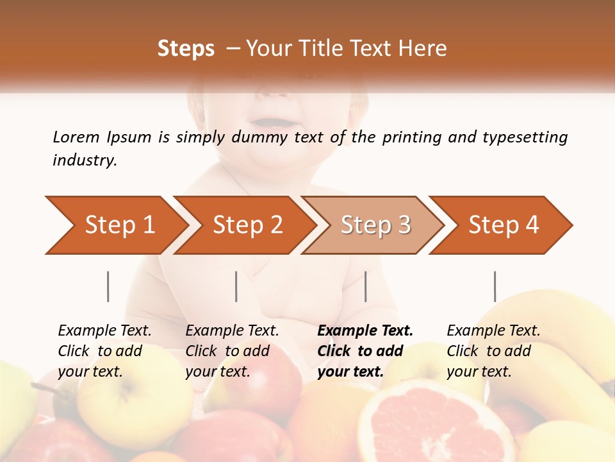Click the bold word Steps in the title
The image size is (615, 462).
(186, 49)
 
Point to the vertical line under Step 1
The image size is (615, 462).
(108, 286)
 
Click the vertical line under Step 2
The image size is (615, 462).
(236, 286)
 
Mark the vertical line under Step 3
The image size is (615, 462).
(365, 286)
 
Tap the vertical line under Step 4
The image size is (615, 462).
(495, 286)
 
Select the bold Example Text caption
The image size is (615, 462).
(365, 351)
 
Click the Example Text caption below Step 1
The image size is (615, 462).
(104, 351)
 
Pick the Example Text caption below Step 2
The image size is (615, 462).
(232, 351)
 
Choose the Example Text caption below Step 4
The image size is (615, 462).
(493, 351)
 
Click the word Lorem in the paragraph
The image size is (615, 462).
(76, 137)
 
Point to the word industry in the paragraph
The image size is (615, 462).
(84, 160)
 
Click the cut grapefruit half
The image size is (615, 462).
(429, 420)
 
